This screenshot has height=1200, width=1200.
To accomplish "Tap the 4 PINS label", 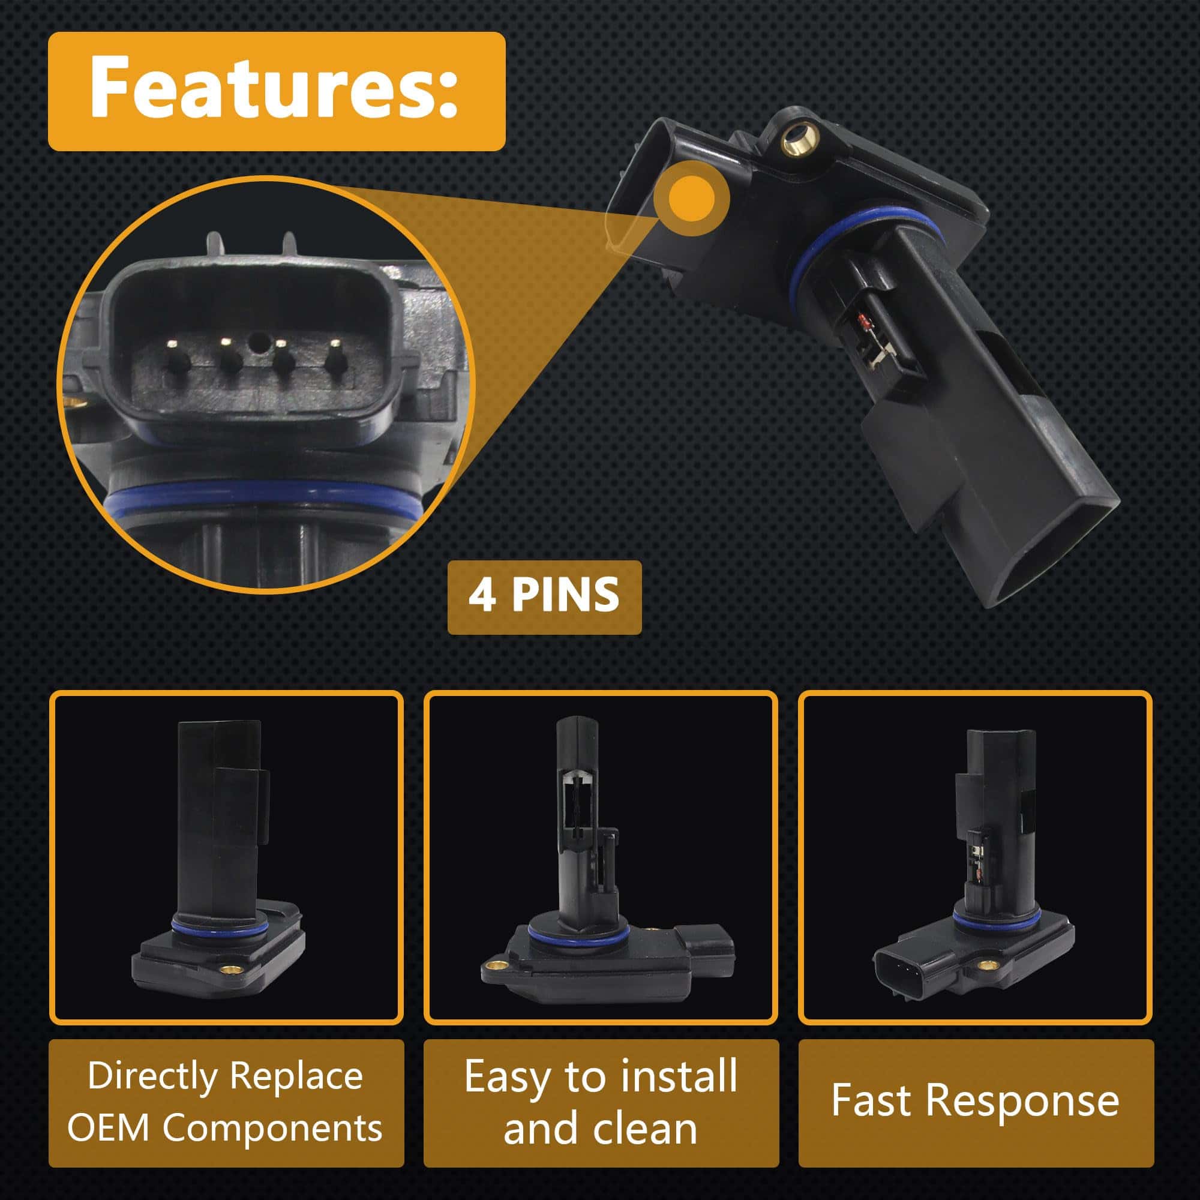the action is click(x=544, y=595).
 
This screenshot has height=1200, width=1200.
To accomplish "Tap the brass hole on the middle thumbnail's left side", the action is click(x=495, y=965).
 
